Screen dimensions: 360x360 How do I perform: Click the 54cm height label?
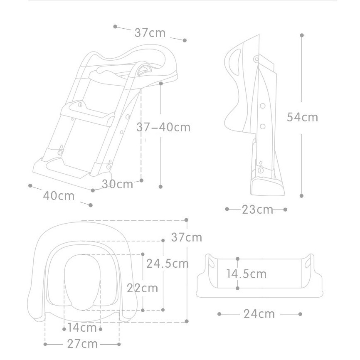pyautogui.click(x=302, y=117)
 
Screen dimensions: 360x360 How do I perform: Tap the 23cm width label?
pyautogui.click(x=258, y=210)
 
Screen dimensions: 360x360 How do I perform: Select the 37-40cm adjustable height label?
pyautogui.click(x=163, y=127)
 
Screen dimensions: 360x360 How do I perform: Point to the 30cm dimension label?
pyautogui.click(x=117, y=184)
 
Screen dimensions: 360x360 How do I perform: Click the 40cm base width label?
pyautogui.click(x=59, y=196)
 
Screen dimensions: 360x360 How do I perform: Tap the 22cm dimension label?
pyautogui.click(x=142, y=288)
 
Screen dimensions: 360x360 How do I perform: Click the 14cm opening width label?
pyautogui.click(x=82, y=328)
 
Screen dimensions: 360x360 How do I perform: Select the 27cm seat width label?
pyautogui.click(x=82, y=344)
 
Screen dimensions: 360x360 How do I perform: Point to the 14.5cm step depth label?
pyautogui.click(x=247, y=274)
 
